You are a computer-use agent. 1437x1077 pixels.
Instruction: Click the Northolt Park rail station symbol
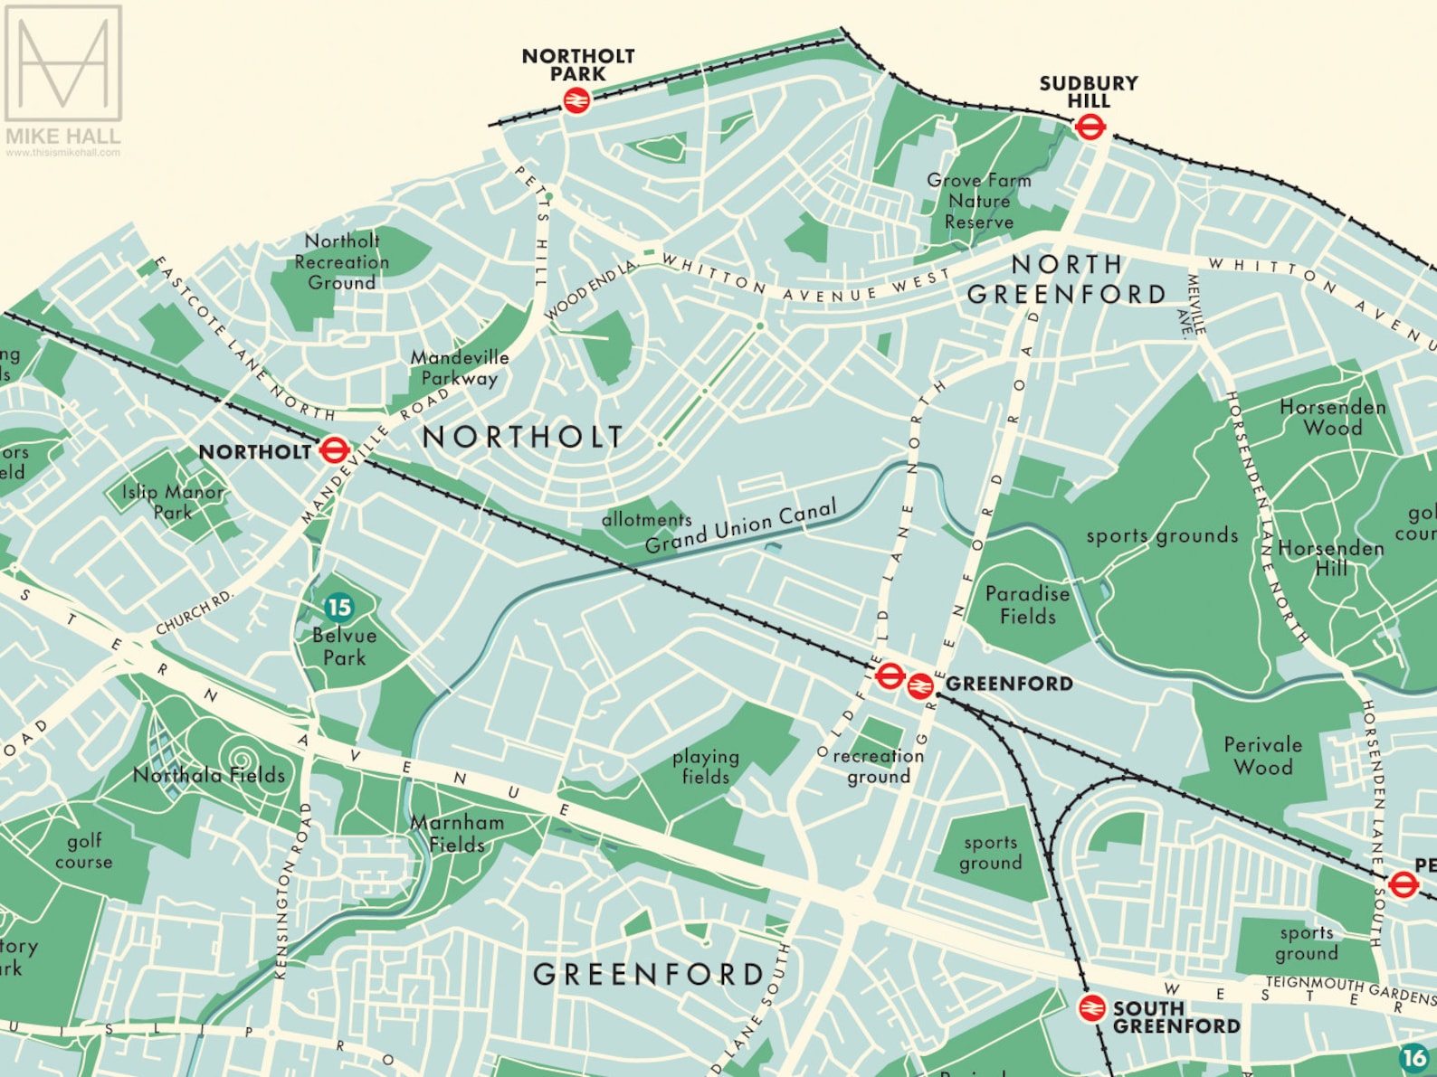coord(576,100)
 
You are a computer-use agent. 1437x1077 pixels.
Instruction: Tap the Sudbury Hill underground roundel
coord(1090,128)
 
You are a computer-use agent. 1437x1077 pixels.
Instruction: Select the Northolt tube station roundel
coord(334,449)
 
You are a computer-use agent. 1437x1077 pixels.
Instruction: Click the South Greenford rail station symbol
coord(1092,1007)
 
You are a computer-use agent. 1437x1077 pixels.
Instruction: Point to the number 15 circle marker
coord(339,607)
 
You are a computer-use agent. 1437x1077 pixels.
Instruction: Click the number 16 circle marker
coord(1413,1057)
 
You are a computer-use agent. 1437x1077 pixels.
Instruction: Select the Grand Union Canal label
coord(740,526)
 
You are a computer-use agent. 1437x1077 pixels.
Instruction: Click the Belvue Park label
coord(344,646)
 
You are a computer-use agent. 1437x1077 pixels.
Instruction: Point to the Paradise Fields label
coord(1027,605)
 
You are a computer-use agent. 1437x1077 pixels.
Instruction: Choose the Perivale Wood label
coord(1263,756)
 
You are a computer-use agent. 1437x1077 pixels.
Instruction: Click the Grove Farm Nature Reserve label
coord(979,201)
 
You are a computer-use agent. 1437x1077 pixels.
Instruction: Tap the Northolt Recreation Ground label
coord(341,261)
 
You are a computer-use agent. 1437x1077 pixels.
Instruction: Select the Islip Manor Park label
coord(173,502)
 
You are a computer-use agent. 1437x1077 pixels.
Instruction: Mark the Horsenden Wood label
coord(1332,417)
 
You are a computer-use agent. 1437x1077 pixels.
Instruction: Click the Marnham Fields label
coord(457,833)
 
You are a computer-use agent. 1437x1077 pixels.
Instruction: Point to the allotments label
coord(646,519)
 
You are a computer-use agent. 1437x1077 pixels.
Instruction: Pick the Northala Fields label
coord(209,775)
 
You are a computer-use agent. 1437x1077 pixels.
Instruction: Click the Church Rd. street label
coord(195,613)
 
